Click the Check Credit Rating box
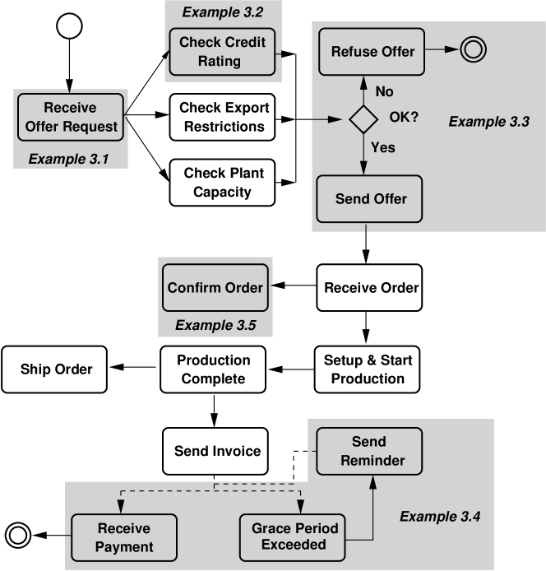point(222,51)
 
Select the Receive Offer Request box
point(70,118)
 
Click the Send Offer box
point(370,199)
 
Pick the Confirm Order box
point(215,288)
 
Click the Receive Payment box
point(123,539)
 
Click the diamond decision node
point(363,120)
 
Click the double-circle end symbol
point(473,50)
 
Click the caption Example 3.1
point(68,158)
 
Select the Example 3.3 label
point(488,122)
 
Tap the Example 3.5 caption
point(215,325)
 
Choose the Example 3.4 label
point(440,517)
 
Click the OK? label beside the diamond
point(404,117)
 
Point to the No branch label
point(384,91)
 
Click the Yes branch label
point(383,147)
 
